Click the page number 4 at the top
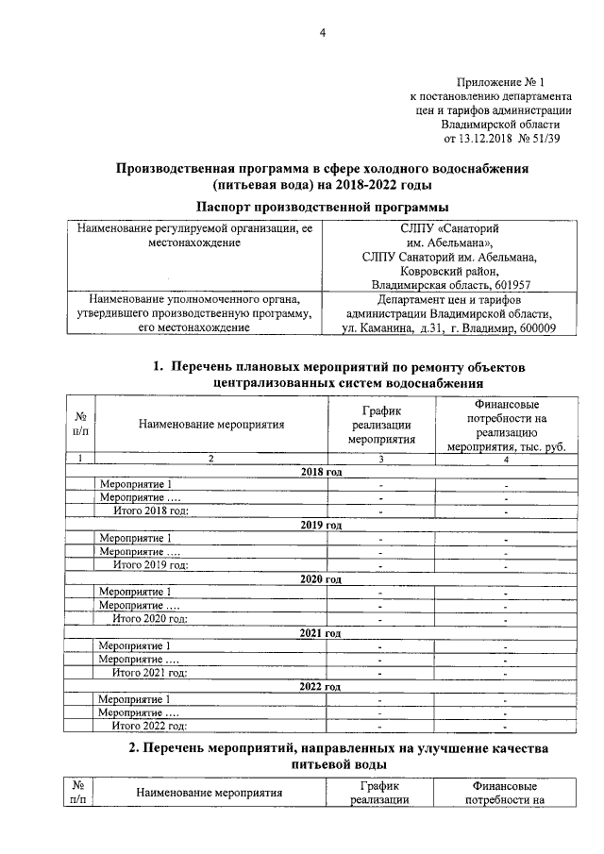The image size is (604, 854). click(321, 34)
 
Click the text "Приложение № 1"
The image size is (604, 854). click(506, 83)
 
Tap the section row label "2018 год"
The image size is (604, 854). click(320, 471)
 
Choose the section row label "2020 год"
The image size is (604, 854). click(320, 578)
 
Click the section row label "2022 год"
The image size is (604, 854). click(320, 686)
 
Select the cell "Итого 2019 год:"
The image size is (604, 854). click(151, 564)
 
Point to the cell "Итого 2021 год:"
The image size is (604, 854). click(151, 672)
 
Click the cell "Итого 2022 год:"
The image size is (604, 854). click(151, 726)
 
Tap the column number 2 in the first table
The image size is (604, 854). click(210, 458)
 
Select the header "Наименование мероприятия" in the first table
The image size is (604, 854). click(211, 425)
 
